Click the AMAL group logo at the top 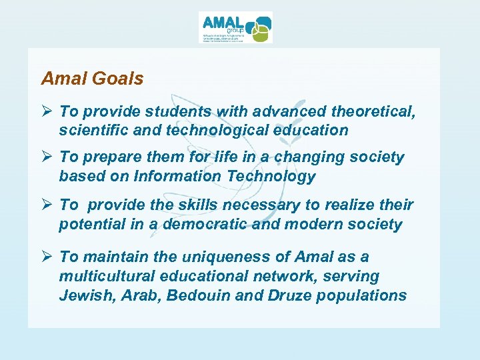point(235,27)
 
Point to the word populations point(363,295)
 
